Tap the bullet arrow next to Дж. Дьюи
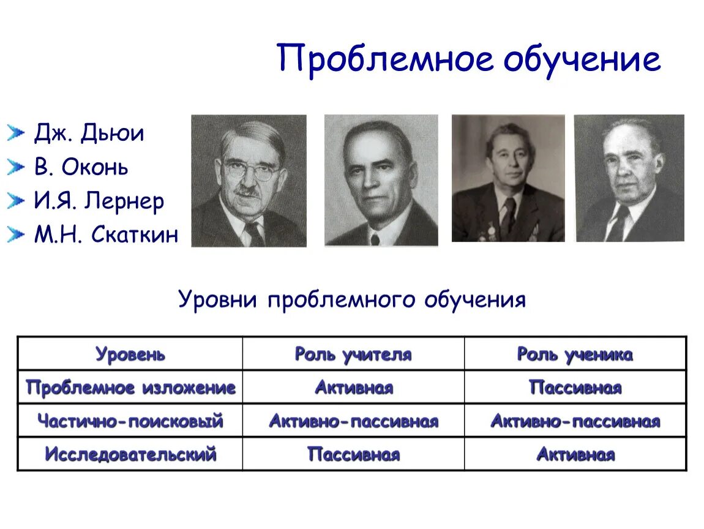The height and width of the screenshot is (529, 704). click(16, 133)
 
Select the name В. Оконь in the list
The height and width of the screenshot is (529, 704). click(81, 167)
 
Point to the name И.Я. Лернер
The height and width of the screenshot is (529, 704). click(99, 201)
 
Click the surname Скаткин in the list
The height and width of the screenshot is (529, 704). click(135, 234)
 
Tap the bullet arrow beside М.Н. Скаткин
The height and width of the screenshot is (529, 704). click(16, 234)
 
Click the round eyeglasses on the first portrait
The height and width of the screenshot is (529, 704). click(250, 170)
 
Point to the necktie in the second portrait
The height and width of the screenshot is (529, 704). click(375, 238)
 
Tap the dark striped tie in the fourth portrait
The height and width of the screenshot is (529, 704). click(618, 224)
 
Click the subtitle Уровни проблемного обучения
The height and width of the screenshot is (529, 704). click(352, 299)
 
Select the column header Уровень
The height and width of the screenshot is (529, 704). click(130, 354)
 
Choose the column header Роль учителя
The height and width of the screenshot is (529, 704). click(353, 354)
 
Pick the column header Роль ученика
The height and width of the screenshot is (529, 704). click(575, 354)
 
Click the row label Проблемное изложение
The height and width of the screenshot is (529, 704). click(130, 388)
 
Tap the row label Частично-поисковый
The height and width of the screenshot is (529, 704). click(130, 421)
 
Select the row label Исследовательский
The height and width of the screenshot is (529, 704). click(130, 454)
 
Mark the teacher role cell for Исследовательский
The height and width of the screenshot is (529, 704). click(353, 454)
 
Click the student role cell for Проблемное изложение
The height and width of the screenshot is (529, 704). click(575, 388)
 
